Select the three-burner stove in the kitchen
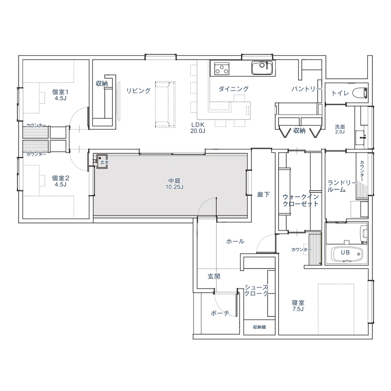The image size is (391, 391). click(x=222, y=69)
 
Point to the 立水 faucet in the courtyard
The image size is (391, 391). click(x=102, y=161)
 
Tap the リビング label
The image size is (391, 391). click(x=138, y=90)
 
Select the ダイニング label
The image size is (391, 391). click(x=233, y=88)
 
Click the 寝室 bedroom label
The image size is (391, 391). click(x=298, y=302)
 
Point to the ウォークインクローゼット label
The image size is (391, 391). click(x=301, y=200)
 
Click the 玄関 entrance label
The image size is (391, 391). click(x=214, y=276)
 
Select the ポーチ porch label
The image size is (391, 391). click(x=220, y=313)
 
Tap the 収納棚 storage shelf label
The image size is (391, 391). click(x=259, y=327)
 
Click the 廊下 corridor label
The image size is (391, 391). click(x=263, y=195)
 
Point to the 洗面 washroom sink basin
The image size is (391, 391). click(x=363, y=138)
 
